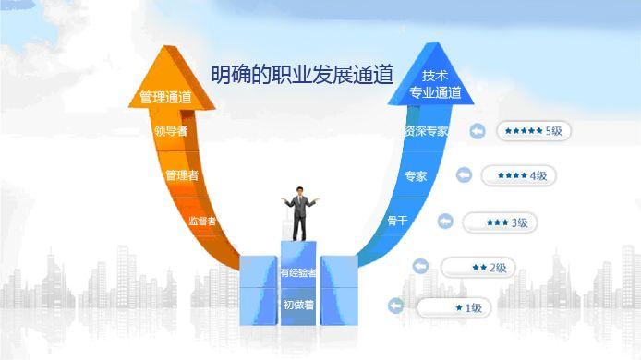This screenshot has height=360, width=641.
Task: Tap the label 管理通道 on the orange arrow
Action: tap(166, 96)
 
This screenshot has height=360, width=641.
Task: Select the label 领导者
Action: tap(171, 131)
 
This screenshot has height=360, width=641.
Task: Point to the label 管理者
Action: tap(182, 174)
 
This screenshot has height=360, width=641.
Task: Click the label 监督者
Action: tap(202, 221)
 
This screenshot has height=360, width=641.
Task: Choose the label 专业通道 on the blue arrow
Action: tap(435, 93)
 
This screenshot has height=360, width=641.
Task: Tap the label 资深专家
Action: tap(426, 131)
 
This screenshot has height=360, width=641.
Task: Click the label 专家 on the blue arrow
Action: tap(416, 175)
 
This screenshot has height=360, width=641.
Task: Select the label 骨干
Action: tap(398, 221)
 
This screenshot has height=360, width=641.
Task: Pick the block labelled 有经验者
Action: tap(298, 272)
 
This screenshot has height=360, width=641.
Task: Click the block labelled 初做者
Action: tap(298, 304)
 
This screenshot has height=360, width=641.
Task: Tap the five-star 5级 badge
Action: tap(534, 131)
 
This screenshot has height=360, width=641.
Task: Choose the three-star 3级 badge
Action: tap(500, 222)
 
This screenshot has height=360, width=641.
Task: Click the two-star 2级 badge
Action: tap(478, 268)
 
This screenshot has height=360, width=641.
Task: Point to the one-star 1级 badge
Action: tap(454, 307)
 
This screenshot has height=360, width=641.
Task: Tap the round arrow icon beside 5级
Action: tap(478, 131)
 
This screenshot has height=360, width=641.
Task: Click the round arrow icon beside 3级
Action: tap(444, 222)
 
